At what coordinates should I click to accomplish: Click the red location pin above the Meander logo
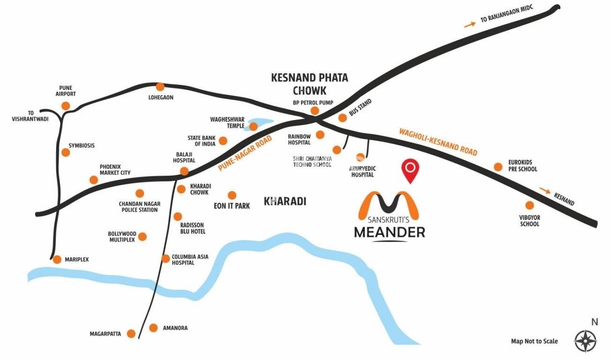[411, 170]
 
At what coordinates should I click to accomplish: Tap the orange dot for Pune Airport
[66, 106]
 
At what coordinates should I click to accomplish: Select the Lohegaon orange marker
[160, 87]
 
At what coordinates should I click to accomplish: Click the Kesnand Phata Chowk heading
[309, 84]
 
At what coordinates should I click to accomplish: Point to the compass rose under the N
[586, 339]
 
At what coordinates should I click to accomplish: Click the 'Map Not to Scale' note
[534, 341]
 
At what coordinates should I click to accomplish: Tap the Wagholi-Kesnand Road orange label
[438, 142]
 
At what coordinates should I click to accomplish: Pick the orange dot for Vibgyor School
[529, 205]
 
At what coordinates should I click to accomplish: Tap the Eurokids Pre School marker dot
[498, 167]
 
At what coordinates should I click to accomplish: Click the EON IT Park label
[232, 206]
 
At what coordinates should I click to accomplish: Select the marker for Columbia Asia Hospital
[165, 259]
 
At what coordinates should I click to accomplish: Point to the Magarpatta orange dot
[131, 334]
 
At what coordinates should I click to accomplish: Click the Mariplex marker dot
[57, 260]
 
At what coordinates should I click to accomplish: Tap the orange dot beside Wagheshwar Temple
[253, 127]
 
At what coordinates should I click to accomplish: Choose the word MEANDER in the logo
[389, 232]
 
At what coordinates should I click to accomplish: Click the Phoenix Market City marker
[94, 180]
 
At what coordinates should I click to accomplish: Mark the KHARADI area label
[285, 202]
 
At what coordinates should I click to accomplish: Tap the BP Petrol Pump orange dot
[315, 111]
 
